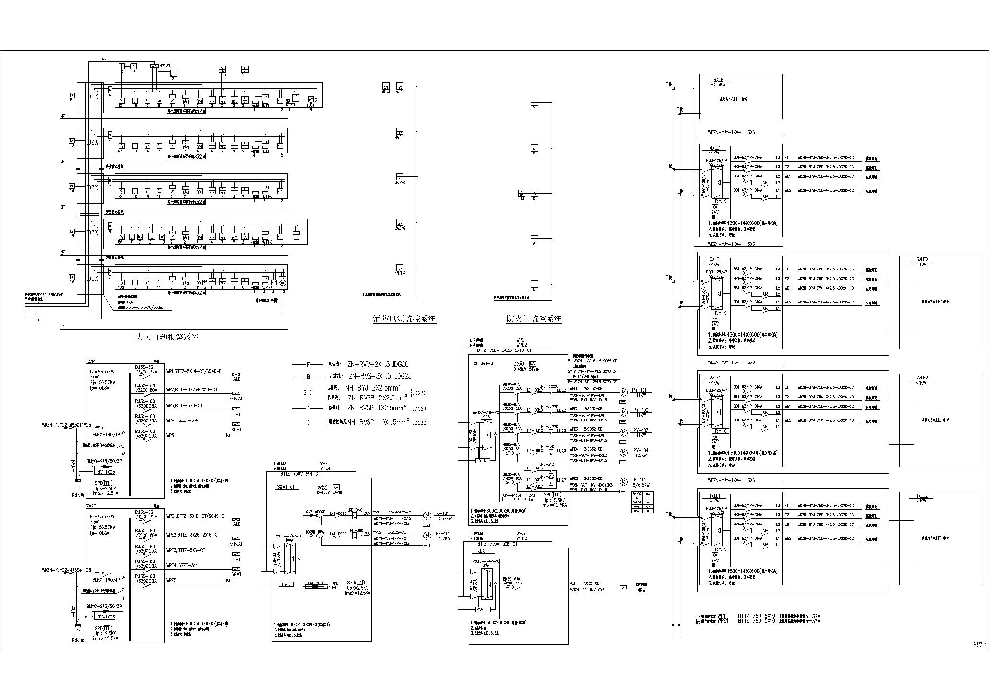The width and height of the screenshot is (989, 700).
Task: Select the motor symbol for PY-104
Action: click(x=623, y=452)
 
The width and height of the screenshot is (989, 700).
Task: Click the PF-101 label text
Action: click(x=443, y=533)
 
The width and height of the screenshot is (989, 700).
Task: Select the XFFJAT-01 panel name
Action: click(x=483, y=364)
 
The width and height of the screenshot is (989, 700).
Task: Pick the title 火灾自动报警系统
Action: click(x=167, y=338)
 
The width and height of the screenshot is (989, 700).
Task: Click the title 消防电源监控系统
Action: click(x=404, y=319)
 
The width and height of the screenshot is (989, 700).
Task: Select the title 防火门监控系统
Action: click(x=534, y=319)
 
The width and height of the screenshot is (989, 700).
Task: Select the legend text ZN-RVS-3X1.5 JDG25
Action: click(x=380, y=376)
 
